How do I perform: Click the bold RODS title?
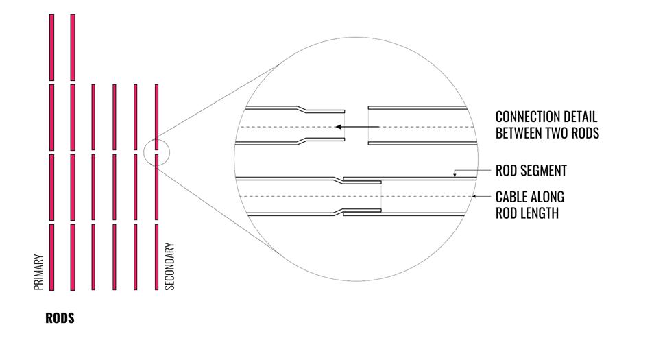[x=60, y=319]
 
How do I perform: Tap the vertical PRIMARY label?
[x=39, y=272]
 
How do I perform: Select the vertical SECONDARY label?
[x=171, y=267]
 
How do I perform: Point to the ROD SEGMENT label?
[x=531, y=170]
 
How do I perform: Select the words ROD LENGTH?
[x=527, y=213]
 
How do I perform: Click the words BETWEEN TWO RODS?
[x=547, y=133]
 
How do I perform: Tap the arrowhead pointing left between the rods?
[x=339, y=127]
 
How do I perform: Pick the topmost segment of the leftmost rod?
[x=51, y=47]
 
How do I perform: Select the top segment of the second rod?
[x=73, y=47]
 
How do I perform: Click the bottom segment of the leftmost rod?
[x=51, y=256]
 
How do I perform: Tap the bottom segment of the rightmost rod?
[x=157, y=256]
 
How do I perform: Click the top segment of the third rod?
[x=93, y=117]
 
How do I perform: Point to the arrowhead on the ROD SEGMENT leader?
[x=455, y=176]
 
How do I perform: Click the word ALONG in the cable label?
[x=547, y=197]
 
